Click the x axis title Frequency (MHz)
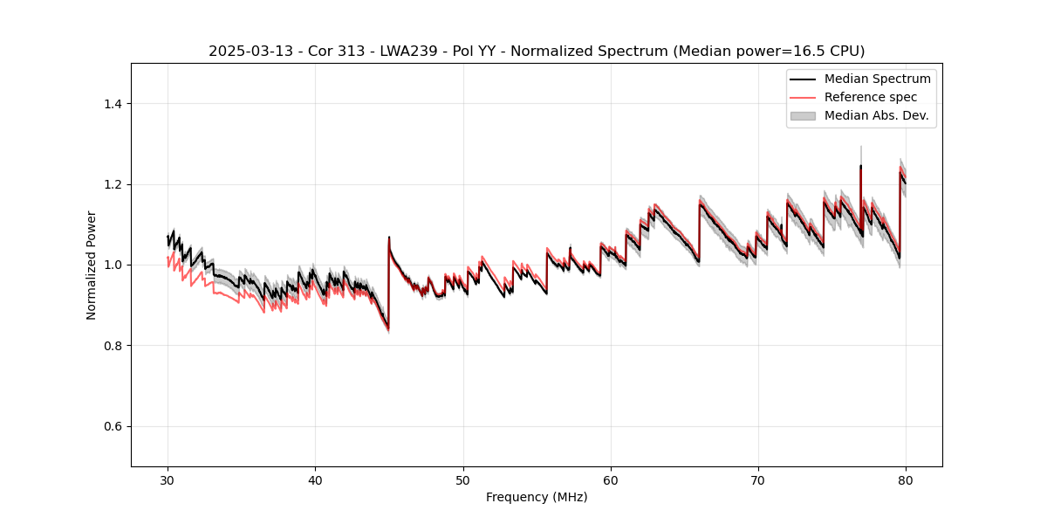537,497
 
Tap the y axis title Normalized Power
92,265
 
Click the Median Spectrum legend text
877,79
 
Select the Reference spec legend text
871,97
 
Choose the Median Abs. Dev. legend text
876,115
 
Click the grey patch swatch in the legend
803,115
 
